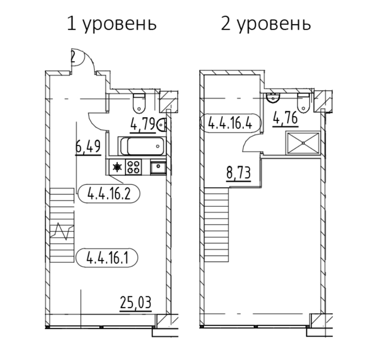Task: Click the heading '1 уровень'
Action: (x=112, y=24)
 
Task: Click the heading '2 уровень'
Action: (x=266, y=24)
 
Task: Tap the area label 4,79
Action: (x=143, y=124)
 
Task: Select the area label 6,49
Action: (x=88, y=147)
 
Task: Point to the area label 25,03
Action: (x=136, y=302)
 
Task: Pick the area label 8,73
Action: (x=238, y=173)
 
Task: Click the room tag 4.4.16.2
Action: (x=109, y=193)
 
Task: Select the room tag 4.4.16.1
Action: (x=107, y=258)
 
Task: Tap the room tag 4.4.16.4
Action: (x=230, y=123)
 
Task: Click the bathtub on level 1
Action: (x=141, y=146)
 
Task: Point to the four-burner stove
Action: (x=133, y=167)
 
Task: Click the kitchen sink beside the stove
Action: (x=158, y=167)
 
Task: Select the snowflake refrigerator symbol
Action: (x=117, y=167)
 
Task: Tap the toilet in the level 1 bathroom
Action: (x=139, y=103)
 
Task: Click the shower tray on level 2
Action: (x=303, y=143)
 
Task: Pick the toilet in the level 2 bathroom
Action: (x=303, y=103)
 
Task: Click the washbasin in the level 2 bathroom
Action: (x=273, y=98)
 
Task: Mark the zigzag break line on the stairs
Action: (x=62, y=232)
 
